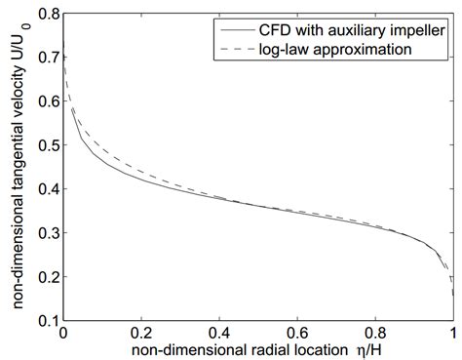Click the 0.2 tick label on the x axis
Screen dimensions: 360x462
[x=141, y=332]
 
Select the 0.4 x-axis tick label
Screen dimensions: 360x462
[x=219, y=332]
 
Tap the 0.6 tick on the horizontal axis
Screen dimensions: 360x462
[x=297, y=332]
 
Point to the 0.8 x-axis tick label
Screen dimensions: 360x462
[x=375, y=332]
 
